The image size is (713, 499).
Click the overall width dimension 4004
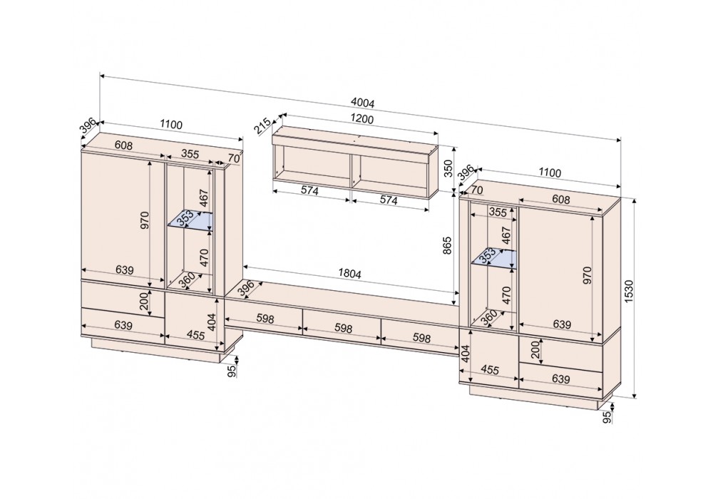(x=363, y=103)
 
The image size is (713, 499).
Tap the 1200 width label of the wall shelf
(x=362, y=119)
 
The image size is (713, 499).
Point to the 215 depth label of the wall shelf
(x=262, y=126)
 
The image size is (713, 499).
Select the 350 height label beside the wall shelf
(x=448, y=168)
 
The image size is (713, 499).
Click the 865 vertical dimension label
(x=448, y=245)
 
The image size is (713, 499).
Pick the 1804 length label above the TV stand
(x=349, y=274)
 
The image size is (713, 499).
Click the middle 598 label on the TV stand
(x=344, y=328)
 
